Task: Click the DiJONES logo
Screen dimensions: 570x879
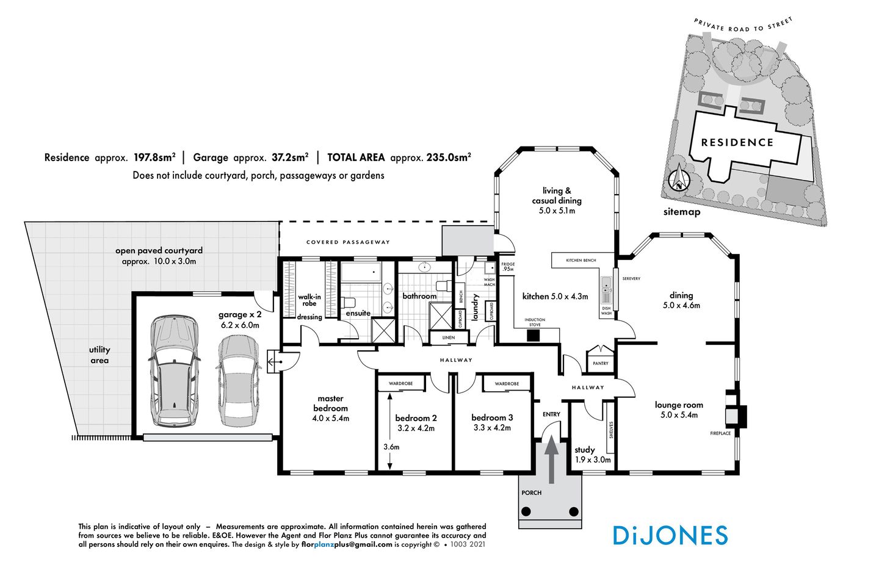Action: pos(670,535)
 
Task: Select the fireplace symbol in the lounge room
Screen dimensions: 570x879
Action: pos(735,416)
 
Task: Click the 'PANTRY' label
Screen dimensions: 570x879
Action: pos(601,363)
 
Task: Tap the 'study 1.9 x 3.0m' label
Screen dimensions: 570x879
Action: pos(592,455)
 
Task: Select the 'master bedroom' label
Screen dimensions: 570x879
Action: pos(330,403)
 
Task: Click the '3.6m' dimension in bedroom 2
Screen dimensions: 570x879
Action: pos(391,447)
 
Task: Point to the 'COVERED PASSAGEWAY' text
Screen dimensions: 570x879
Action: pos(348,242)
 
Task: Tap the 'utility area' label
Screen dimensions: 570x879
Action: pos(99,355)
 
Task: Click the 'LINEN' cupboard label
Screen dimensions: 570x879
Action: pos(449,337)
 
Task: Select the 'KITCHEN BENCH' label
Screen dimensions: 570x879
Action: pos(581,261)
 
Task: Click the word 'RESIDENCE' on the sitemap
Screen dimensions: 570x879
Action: pos(737,143)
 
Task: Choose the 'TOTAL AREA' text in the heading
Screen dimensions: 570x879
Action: pos(356,157)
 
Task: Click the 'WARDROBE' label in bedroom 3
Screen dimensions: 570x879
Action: pos(507,384)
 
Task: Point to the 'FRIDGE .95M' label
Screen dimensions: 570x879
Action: pos(508,267)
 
